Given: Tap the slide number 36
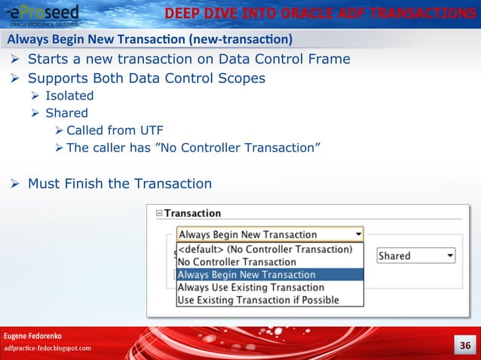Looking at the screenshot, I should point(464,346).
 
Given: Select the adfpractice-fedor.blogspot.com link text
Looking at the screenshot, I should point(48,348).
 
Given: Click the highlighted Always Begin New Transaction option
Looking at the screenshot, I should point(247,274).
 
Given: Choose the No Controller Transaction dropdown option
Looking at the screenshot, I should point(237,261).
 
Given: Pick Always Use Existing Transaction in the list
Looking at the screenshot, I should point(250,287).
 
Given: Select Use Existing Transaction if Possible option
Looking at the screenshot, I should point(258,300).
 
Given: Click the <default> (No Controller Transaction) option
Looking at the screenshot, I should point(265,249).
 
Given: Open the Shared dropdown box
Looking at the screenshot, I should point(416,256).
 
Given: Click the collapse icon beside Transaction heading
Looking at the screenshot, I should point(158,214).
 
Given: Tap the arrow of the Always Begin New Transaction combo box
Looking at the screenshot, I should point(358,234).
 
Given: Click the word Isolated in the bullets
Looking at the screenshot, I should point(69,96).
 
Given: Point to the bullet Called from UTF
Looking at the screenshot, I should point(114,130).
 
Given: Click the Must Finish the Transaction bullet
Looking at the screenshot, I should point(119,183).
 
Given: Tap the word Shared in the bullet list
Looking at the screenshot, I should point(66,113).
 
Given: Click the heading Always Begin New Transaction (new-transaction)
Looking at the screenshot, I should point(150,39).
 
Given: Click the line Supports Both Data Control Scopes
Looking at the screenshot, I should point(146,78).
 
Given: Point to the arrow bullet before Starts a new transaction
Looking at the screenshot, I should point(14,59).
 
